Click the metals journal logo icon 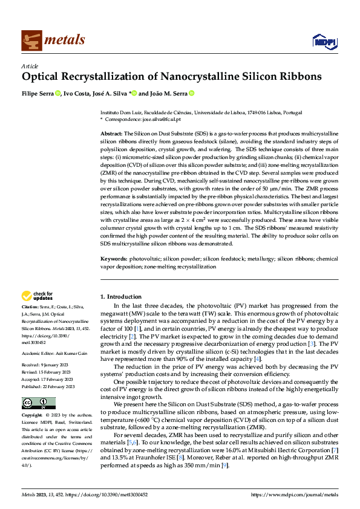point(31,41)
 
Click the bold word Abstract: point(111,132)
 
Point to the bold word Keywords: point(114,259)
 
